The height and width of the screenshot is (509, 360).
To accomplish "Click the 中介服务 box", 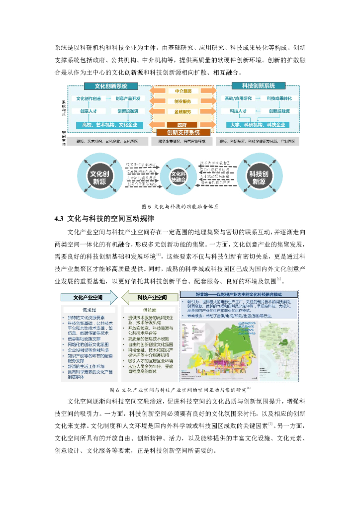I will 183,91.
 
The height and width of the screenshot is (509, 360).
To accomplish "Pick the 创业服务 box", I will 183,101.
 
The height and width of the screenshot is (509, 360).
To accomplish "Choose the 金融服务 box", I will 183,111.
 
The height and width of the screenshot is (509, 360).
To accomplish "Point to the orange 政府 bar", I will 183,125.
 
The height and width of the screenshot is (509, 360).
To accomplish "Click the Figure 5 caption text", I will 180,206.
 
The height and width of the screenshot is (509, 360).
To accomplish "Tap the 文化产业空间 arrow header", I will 88,298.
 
